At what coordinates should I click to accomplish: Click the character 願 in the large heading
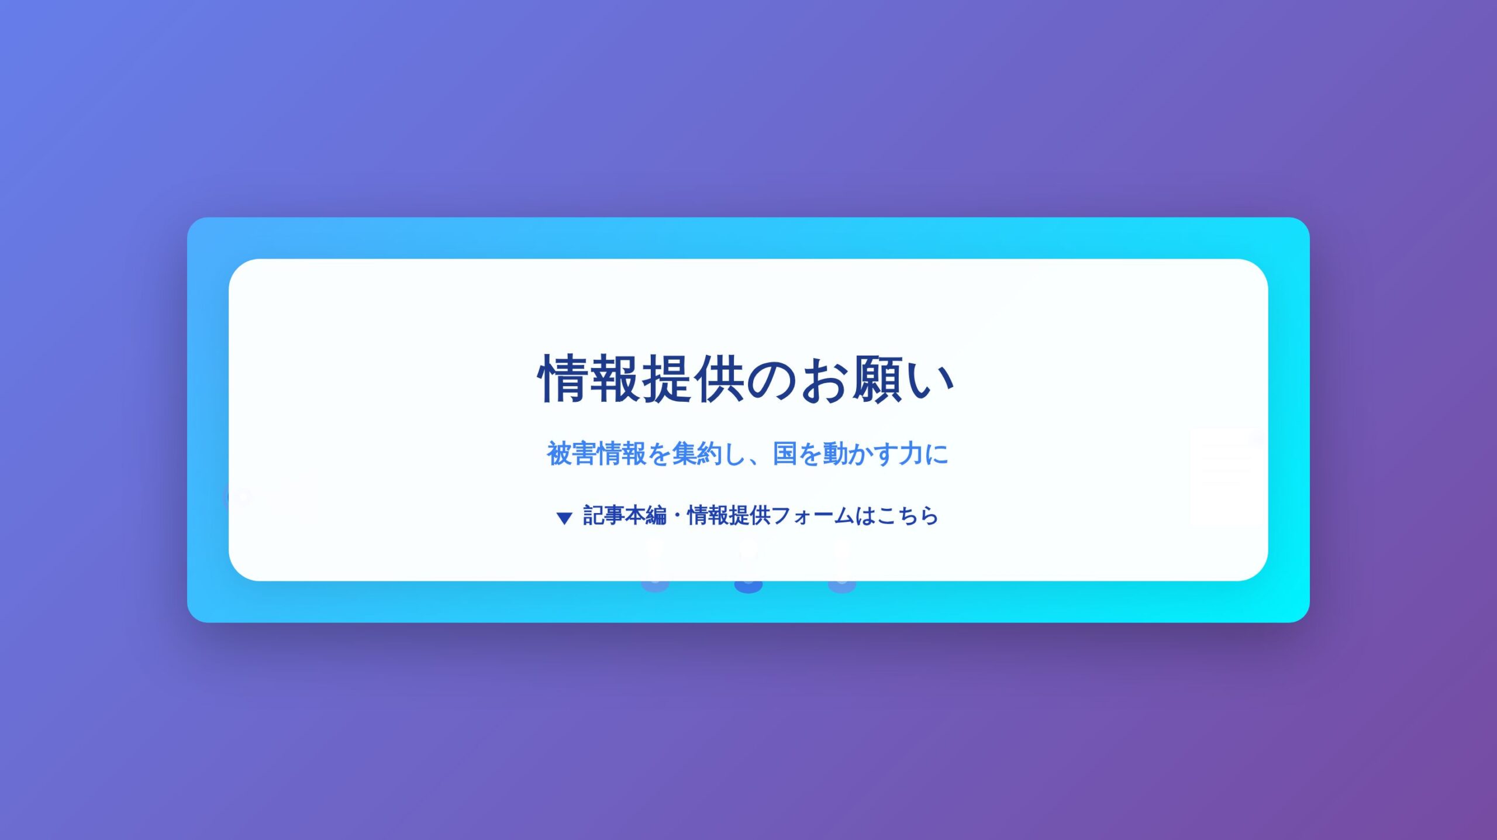pyautogui.click(x=878, y=379)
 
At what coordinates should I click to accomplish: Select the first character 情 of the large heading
pyautogui.click(x=563, y=379)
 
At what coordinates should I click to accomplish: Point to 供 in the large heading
pyautogui.click(x=720, y=379)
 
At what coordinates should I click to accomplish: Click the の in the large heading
pyautogui.click(x=772, y=380)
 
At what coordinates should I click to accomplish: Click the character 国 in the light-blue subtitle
pyautogui.click(x=785, y=453)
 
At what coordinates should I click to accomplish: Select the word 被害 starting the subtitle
pyautogui.click(x=571, y=453)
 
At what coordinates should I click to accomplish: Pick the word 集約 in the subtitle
pyautogui.click(x=697, y=453)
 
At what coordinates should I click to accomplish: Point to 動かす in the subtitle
pyautogui.click(x=860, y=453)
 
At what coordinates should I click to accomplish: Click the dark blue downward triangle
pyautogui.click(x=564, y=518)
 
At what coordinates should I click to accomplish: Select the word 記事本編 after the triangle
pyautogui.click(x=625, y=515)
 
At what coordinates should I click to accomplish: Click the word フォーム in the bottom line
pyautogui.click(x=813, y=515)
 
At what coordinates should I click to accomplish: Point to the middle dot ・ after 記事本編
pyautogui.click(x=677, y=515)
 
